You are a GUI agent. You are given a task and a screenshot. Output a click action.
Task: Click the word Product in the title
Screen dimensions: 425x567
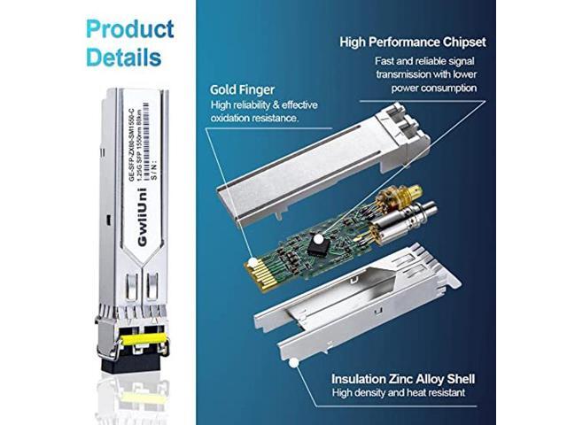pos(129,28)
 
